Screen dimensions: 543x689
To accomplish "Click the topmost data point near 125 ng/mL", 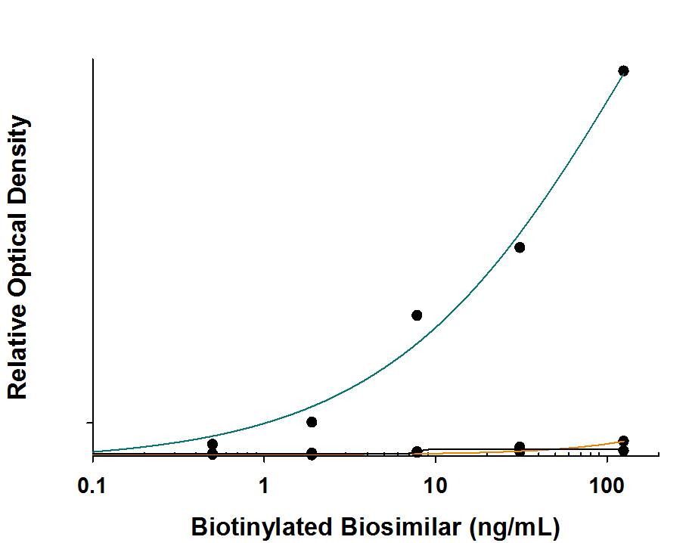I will coord(623,71).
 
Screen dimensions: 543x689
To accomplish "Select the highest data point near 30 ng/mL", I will coord(520,247).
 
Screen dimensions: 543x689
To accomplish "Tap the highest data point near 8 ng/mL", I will coord(417,315).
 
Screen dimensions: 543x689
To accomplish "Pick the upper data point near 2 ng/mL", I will coord(312,421).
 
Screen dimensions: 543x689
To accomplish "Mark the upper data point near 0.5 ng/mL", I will coord(213,444).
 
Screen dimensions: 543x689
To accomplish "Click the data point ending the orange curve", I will coord(623,440).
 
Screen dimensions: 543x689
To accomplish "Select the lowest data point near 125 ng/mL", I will coord(623,451).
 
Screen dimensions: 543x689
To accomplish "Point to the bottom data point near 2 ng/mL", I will coord(312,454).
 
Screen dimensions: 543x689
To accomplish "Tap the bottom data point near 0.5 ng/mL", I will coord(213,454).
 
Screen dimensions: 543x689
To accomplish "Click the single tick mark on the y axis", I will coord(89,422).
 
